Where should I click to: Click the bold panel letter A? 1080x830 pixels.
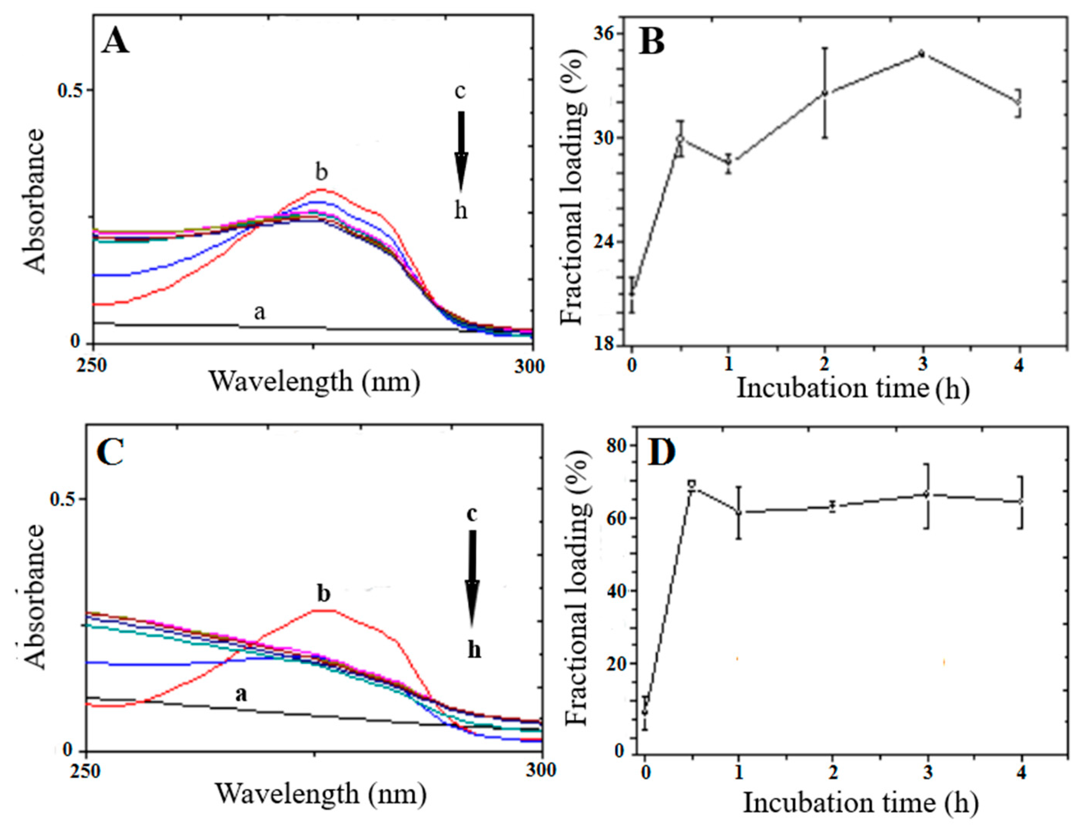[115, 42]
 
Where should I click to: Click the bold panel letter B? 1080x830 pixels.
[652, 41]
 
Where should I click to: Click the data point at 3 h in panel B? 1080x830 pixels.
[921, 53]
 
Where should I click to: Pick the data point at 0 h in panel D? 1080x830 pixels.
[645, 711]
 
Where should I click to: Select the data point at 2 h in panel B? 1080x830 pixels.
[825, 93]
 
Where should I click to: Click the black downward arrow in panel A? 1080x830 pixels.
[461, 151]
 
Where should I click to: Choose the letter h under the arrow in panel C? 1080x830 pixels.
[474, 650]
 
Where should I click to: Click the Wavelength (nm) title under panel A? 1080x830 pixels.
[315, 381]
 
